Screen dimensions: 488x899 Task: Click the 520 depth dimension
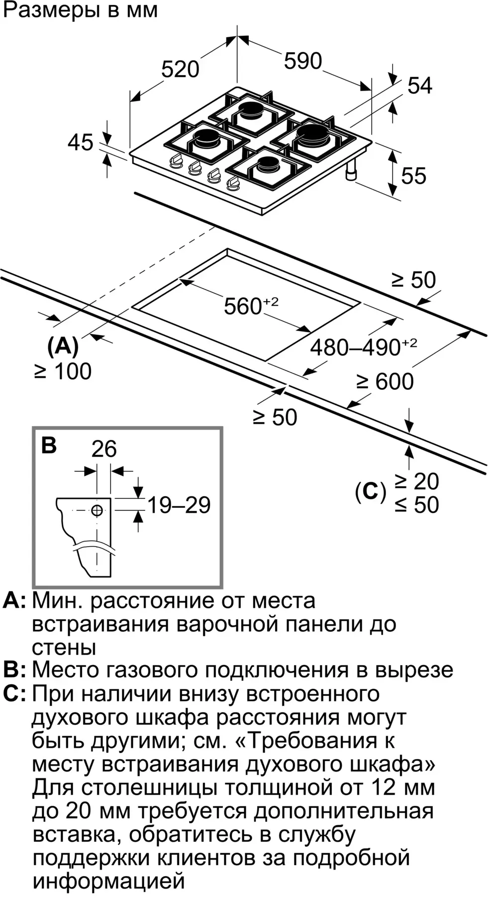(x=180, y=69)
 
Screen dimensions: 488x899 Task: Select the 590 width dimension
(x=303, y=61)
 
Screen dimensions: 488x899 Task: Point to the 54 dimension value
(x=420, y=86)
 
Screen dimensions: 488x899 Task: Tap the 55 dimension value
(x=413, y=176)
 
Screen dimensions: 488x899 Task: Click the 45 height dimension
(x=81, y=142)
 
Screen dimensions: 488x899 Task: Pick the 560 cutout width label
(x=251, y=305)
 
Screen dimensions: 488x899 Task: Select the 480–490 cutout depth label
(x=363, y=346)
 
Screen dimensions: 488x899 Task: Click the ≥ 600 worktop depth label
(x=385, y=382)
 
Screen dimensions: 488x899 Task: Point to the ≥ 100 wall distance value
(x=63, y=371)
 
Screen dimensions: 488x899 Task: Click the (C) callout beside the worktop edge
(x=371, y=492)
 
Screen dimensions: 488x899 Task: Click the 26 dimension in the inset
(x=104, y=449)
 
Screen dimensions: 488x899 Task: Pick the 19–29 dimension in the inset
(x=179, y=505)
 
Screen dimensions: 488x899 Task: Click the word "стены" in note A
(x=64, y=648)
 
